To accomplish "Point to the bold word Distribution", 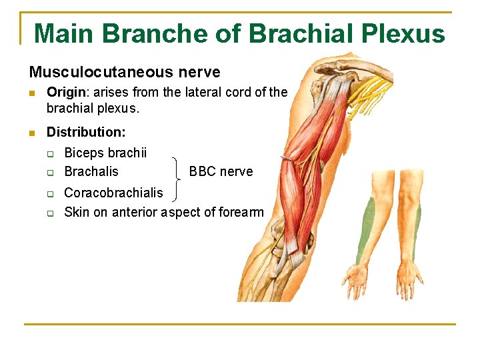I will pos(85,133).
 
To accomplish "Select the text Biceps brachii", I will pos(105,153).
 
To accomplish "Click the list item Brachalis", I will pos(91,171).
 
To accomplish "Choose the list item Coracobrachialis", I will pos(113,193).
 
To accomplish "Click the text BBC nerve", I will pos(221,171).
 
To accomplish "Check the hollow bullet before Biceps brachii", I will pos(50,153).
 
